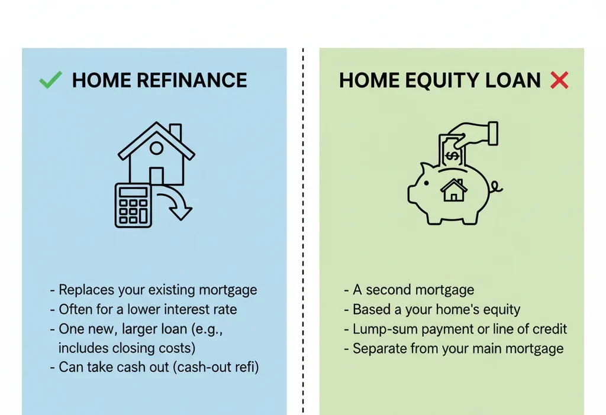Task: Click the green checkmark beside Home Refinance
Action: coord(50,80)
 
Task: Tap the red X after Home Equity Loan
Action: coord(559,80)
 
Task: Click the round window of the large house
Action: coord(156,147)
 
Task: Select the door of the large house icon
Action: coord(156,176)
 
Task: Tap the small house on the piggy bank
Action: coord(454,190)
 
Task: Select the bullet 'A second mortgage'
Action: coord(413,290)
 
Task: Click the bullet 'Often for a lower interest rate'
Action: coord(147,309)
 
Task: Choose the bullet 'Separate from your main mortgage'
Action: coord(457,348)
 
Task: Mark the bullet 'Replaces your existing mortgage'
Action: coord(157,290)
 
